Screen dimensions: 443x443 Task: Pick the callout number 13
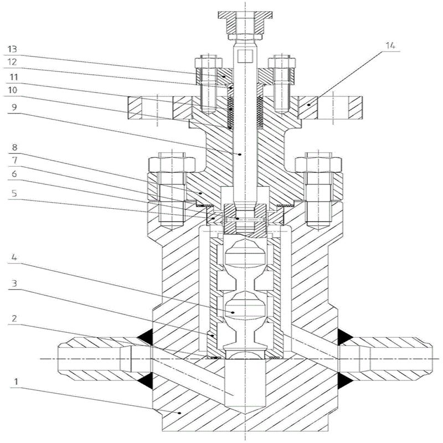coord(12,49)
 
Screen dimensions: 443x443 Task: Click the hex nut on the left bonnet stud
coord(171,164)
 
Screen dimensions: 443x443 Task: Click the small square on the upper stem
coord(249,56)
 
